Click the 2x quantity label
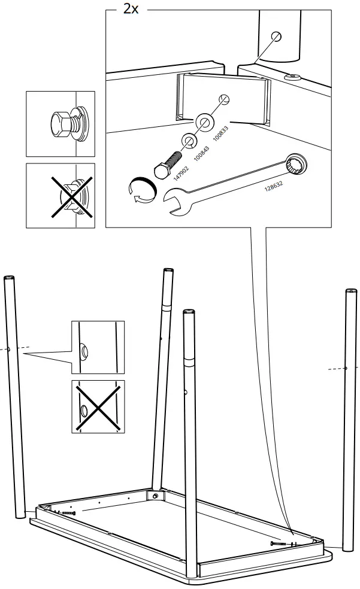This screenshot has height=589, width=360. pos(130,10)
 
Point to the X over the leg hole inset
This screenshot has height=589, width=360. pos(98,406)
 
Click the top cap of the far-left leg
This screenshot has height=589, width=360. pos(10,278)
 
